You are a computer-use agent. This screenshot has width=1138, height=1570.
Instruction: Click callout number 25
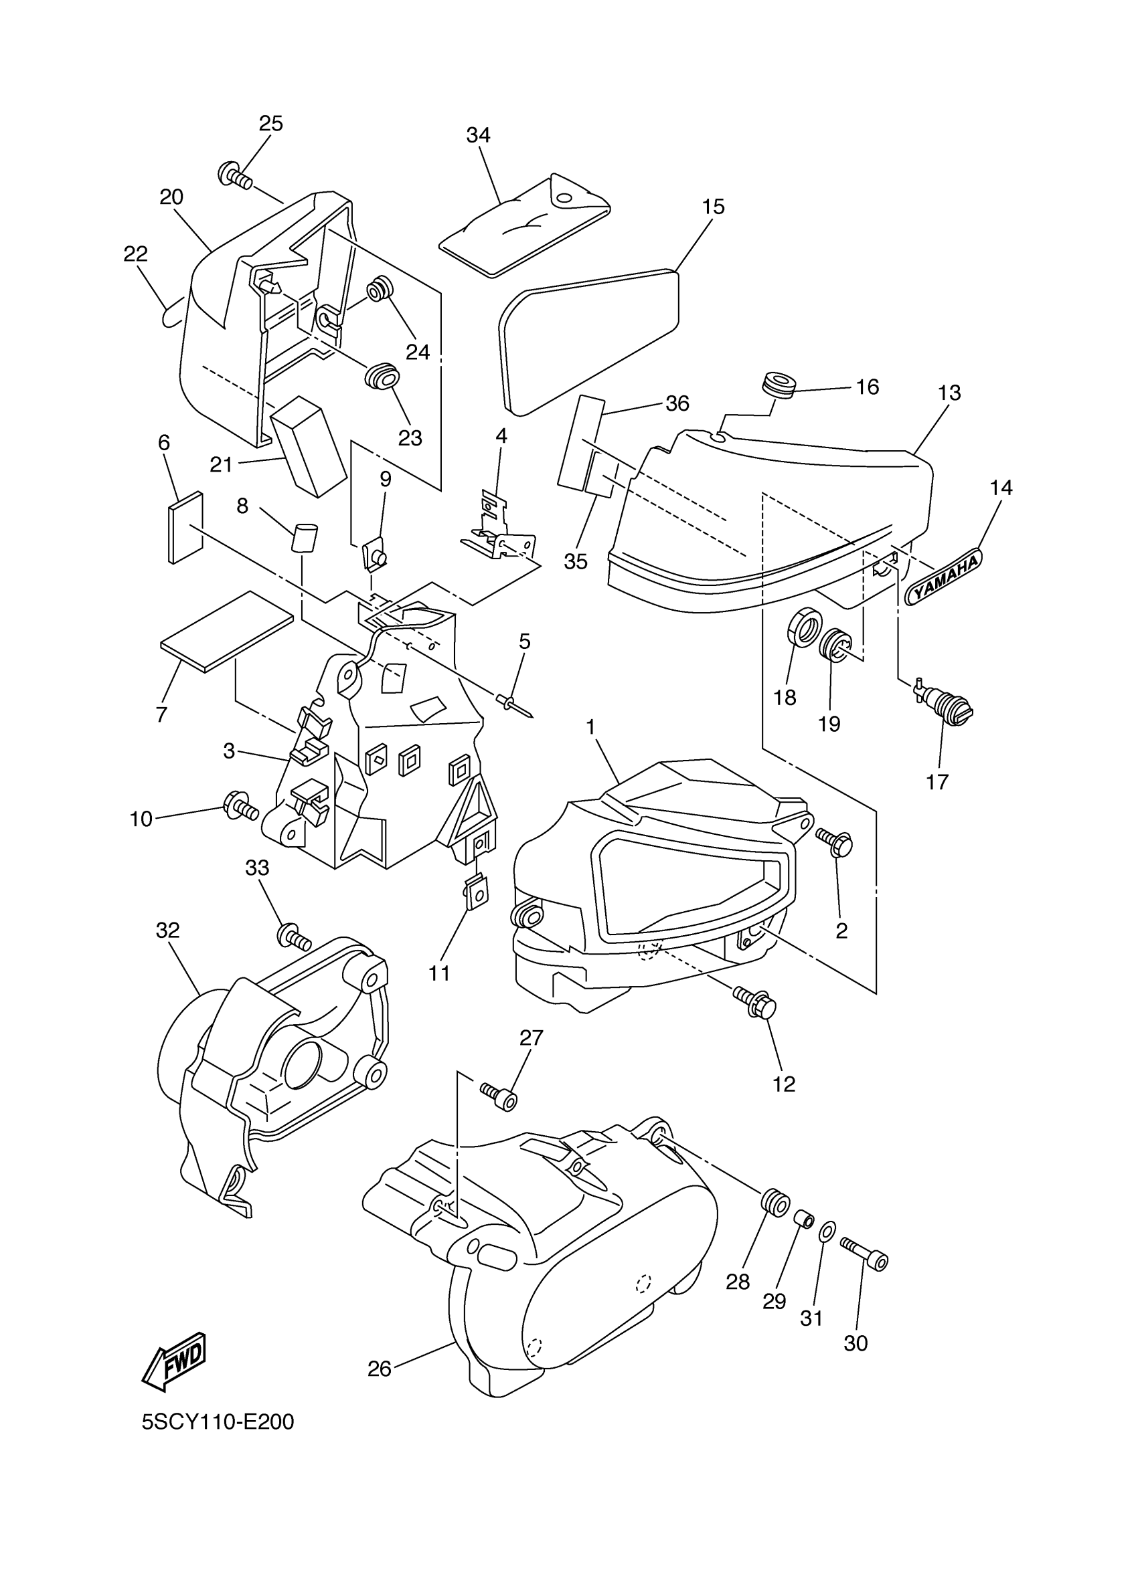click(271, 123)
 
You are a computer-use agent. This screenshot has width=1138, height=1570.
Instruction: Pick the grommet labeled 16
click(777, 385)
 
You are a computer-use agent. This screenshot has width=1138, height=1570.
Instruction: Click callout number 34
click(478, 135)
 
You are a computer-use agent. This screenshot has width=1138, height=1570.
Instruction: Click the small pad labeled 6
click(185, 527)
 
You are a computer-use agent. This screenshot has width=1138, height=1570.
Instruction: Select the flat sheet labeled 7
click(227, 631)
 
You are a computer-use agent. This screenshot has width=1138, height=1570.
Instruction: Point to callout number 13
click(949, 393)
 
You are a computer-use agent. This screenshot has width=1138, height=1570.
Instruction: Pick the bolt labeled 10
click(240, 805)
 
